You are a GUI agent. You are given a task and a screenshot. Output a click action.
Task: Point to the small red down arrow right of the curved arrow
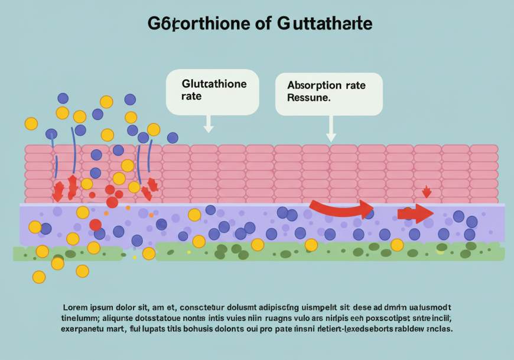[x=427, y=192]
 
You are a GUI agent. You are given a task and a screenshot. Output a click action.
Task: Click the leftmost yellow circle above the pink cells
[x=31, y=124]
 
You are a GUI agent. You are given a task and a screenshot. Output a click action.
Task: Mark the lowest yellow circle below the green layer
[x=39, y=276]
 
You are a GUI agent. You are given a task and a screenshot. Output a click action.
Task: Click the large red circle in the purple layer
[x=95, y=225]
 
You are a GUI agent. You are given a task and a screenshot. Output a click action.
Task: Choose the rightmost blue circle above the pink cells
[x=173, y=138]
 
